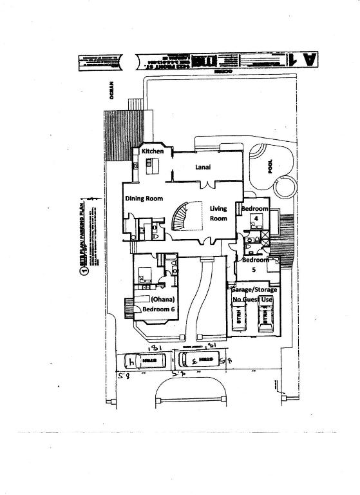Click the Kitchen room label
point(153,151)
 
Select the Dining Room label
point(144,199)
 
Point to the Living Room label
point(219,213)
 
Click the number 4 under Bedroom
point(256,218)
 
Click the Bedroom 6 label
point(159,309)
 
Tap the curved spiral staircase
point(179,216)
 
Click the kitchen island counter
point(153,167)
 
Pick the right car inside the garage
point(264,318)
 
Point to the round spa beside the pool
point(283,187)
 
